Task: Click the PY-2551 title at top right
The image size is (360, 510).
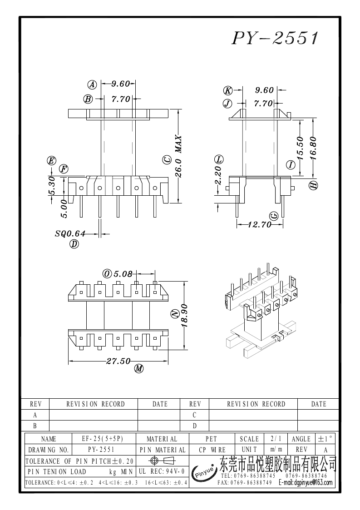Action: coord(275,38)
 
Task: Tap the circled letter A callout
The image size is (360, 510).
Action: coord(92,84)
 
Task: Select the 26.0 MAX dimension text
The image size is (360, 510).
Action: coord(178,156)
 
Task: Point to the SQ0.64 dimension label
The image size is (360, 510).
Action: coord(70,233)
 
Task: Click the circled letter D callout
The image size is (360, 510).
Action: coord(74,244)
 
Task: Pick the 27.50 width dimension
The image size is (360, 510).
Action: coord(118,361)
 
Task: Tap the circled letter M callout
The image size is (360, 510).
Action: coord(139,368)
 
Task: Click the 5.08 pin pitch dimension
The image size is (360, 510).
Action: coord(123,274)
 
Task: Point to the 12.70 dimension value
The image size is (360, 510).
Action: coord(260,224)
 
